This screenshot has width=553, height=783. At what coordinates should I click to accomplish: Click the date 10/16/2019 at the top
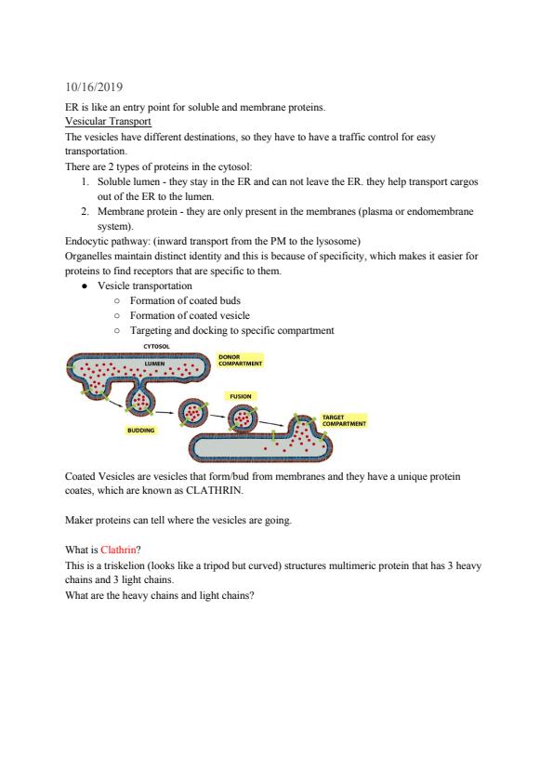(94, 86)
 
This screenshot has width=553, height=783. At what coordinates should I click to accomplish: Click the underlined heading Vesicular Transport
(108, 121)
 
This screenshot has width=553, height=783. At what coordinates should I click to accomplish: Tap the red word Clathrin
(118, 550)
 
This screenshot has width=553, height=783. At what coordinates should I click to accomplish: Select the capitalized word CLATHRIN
(214, 490)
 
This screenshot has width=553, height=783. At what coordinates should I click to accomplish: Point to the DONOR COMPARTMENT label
(240, 361)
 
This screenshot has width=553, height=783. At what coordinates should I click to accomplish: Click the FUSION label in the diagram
(241, 396)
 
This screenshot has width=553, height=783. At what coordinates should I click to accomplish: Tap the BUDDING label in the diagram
(140, 430)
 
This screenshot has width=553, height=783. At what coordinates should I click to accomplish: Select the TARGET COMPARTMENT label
(344, 420)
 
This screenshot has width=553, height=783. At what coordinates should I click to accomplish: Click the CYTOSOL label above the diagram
(157, 347)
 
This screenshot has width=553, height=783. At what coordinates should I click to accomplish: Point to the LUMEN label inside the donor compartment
(154, 364)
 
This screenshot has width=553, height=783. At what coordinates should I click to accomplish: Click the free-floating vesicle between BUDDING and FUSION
(192, 413)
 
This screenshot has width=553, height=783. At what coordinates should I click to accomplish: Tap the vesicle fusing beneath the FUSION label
(244, 418)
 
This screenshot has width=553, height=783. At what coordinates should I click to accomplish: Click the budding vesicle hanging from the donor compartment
(140, 401)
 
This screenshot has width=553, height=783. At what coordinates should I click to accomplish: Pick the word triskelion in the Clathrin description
(116, 565)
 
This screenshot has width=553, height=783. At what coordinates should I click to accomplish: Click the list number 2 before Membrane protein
(86, 211)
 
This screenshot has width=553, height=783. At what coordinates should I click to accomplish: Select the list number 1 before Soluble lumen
(86, 181)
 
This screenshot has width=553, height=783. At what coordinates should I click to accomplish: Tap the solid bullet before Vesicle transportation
(86, 286)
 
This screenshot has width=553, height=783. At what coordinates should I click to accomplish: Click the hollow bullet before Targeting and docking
(117, 330)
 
